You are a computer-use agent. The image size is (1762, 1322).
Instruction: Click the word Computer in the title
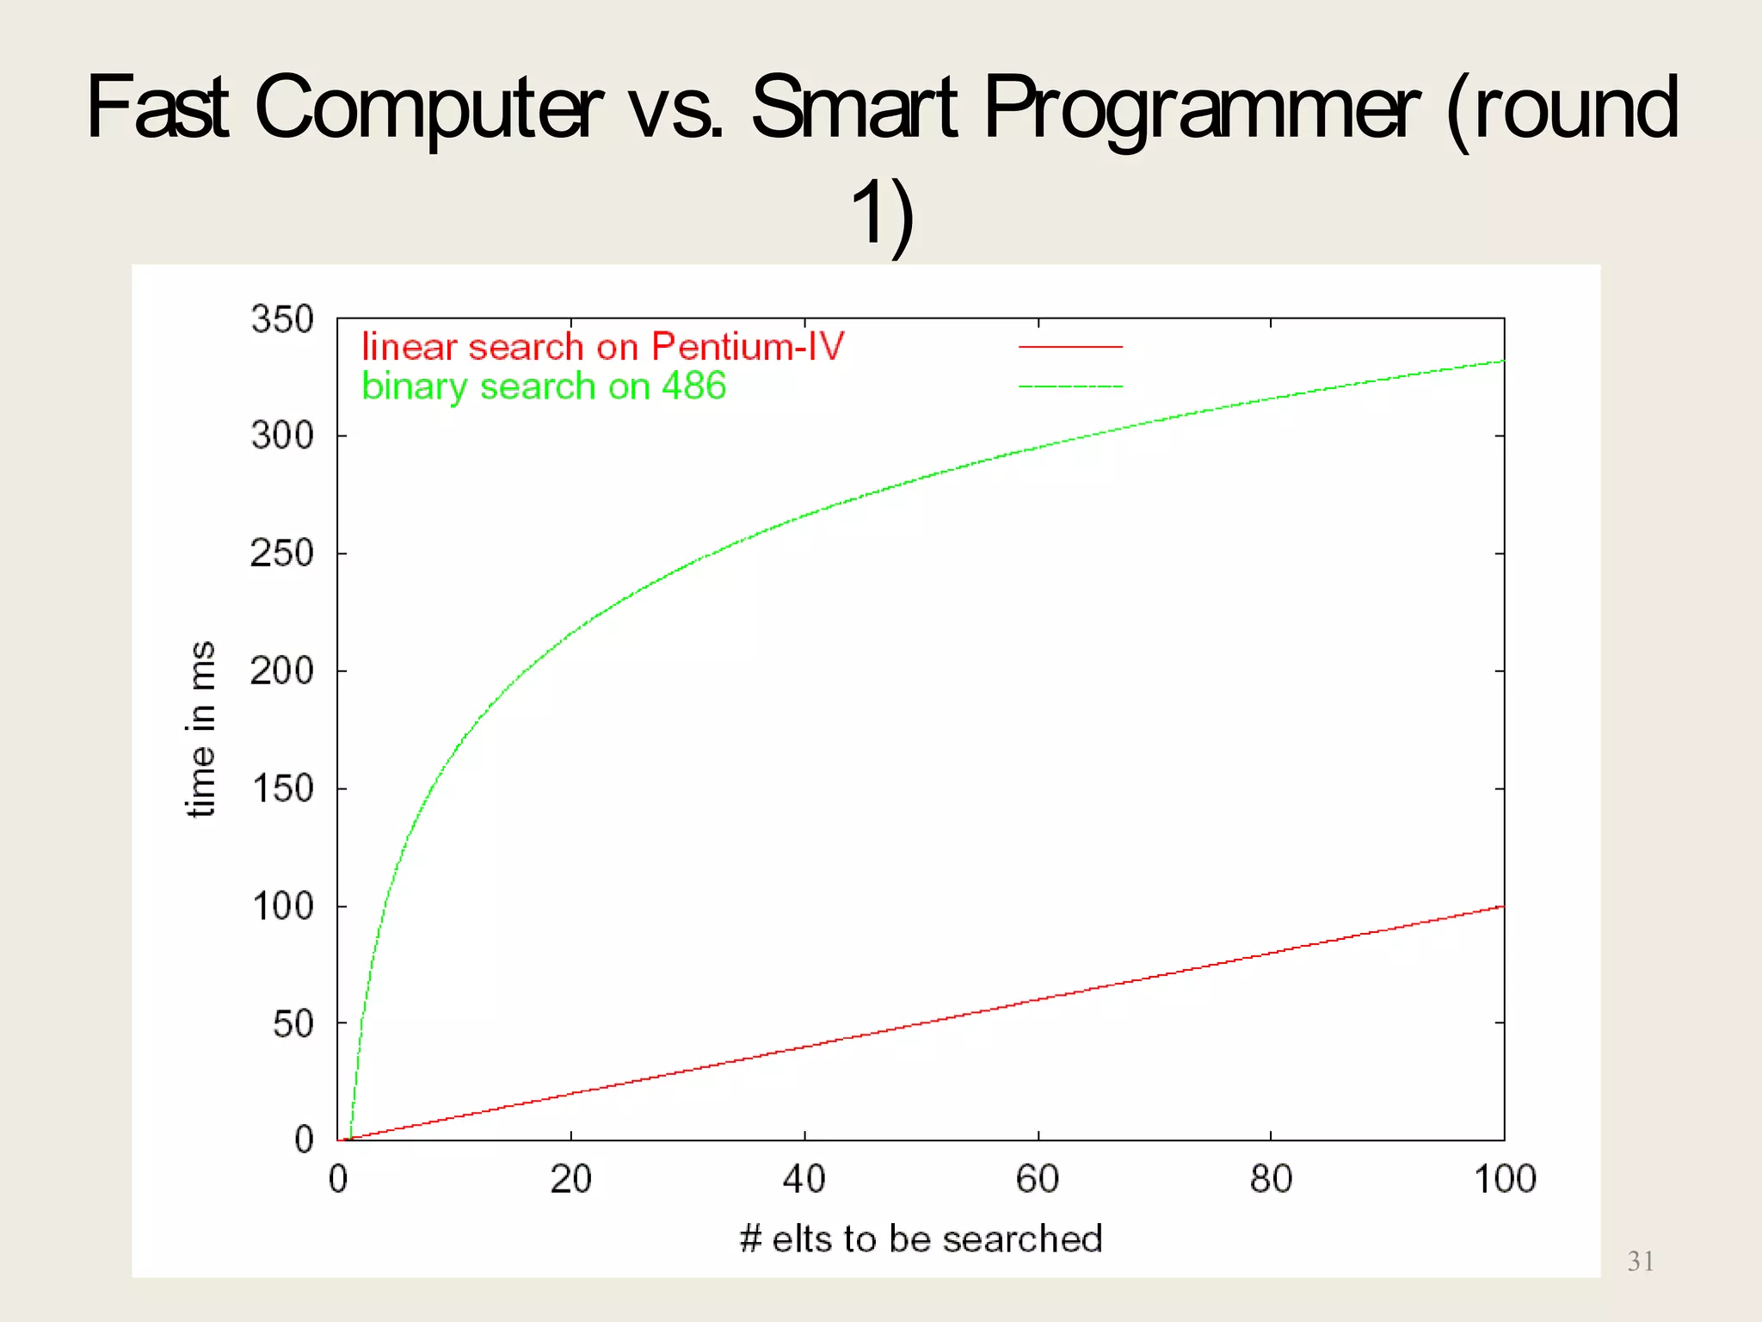428,108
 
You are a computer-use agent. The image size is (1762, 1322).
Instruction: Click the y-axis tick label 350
281,319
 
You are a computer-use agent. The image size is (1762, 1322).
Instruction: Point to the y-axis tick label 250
281,553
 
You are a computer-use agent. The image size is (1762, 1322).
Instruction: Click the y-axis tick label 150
281,788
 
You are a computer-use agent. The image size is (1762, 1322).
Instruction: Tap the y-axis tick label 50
293,1023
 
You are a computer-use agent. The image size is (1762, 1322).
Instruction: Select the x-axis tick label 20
570,1178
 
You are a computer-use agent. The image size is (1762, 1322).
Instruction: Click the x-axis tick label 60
1038,1178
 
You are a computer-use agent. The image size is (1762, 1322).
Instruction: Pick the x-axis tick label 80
1271,1178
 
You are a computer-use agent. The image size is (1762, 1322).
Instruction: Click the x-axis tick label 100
1504,1178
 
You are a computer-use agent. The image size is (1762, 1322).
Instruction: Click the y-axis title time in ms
200,729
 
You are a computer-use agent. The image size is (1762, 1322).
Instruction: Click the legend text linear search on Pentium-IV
602,346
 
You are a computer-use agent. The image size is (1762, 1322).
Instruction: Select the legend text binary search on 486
544,386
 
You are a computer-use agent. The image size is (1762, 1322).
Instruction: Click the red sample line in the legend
1070,347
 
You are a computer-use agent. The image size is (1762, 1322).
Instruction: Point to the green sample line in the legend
1070,386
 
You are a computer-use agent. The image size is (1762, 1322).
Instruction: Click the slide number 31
1640,1262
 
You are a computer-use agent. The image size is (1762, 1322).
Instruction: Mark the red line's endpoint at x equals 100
1503,906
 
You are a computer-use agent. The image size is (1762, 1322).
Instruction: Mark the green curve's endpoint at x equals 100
1503,361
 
